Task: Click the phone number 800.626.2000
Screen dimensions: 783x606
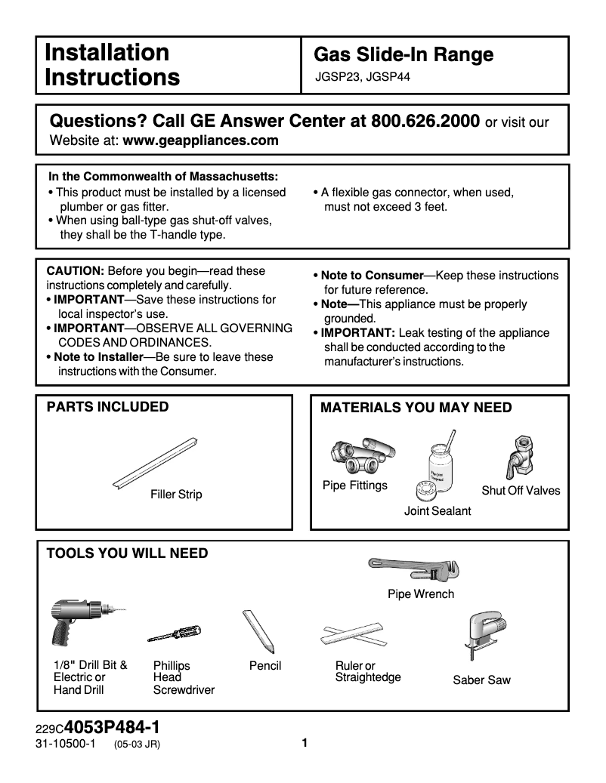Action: [x=422, y=122]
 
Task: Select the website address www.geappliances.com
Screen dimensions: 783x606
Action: [x=200, y=140]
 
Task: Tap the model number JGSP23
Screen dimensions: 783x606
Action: [x=338, y=76]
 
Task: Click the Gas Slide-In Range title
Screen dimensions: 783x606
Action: [x=403, y=54]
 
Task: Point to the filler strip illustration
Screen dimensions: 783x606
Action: [x=156, y=462]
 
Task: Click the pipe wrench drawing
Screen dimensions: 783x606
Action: [x=413, y=568]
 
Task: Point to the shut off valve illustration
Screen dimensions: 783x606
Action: [x=520, y=456]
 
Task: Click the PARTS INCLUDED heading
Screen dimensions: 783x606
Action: [x=108, y=407]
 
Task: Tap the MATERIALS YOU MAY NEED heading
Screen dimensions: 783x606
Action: [x=416, y=408]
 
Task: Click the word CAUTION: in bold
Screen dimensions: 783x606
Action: [x=76, y=271]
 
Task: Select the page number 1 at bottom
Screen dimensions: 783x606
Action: [x=304, y=743]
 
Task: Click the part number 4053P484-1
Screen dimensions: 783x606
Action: [x=113, y=728]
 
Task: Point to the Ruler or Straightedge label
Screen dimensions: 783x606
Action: [x=367, y=671]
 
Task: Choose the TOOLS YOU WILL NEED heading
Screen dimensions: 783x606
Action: [x=127, y=553]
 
